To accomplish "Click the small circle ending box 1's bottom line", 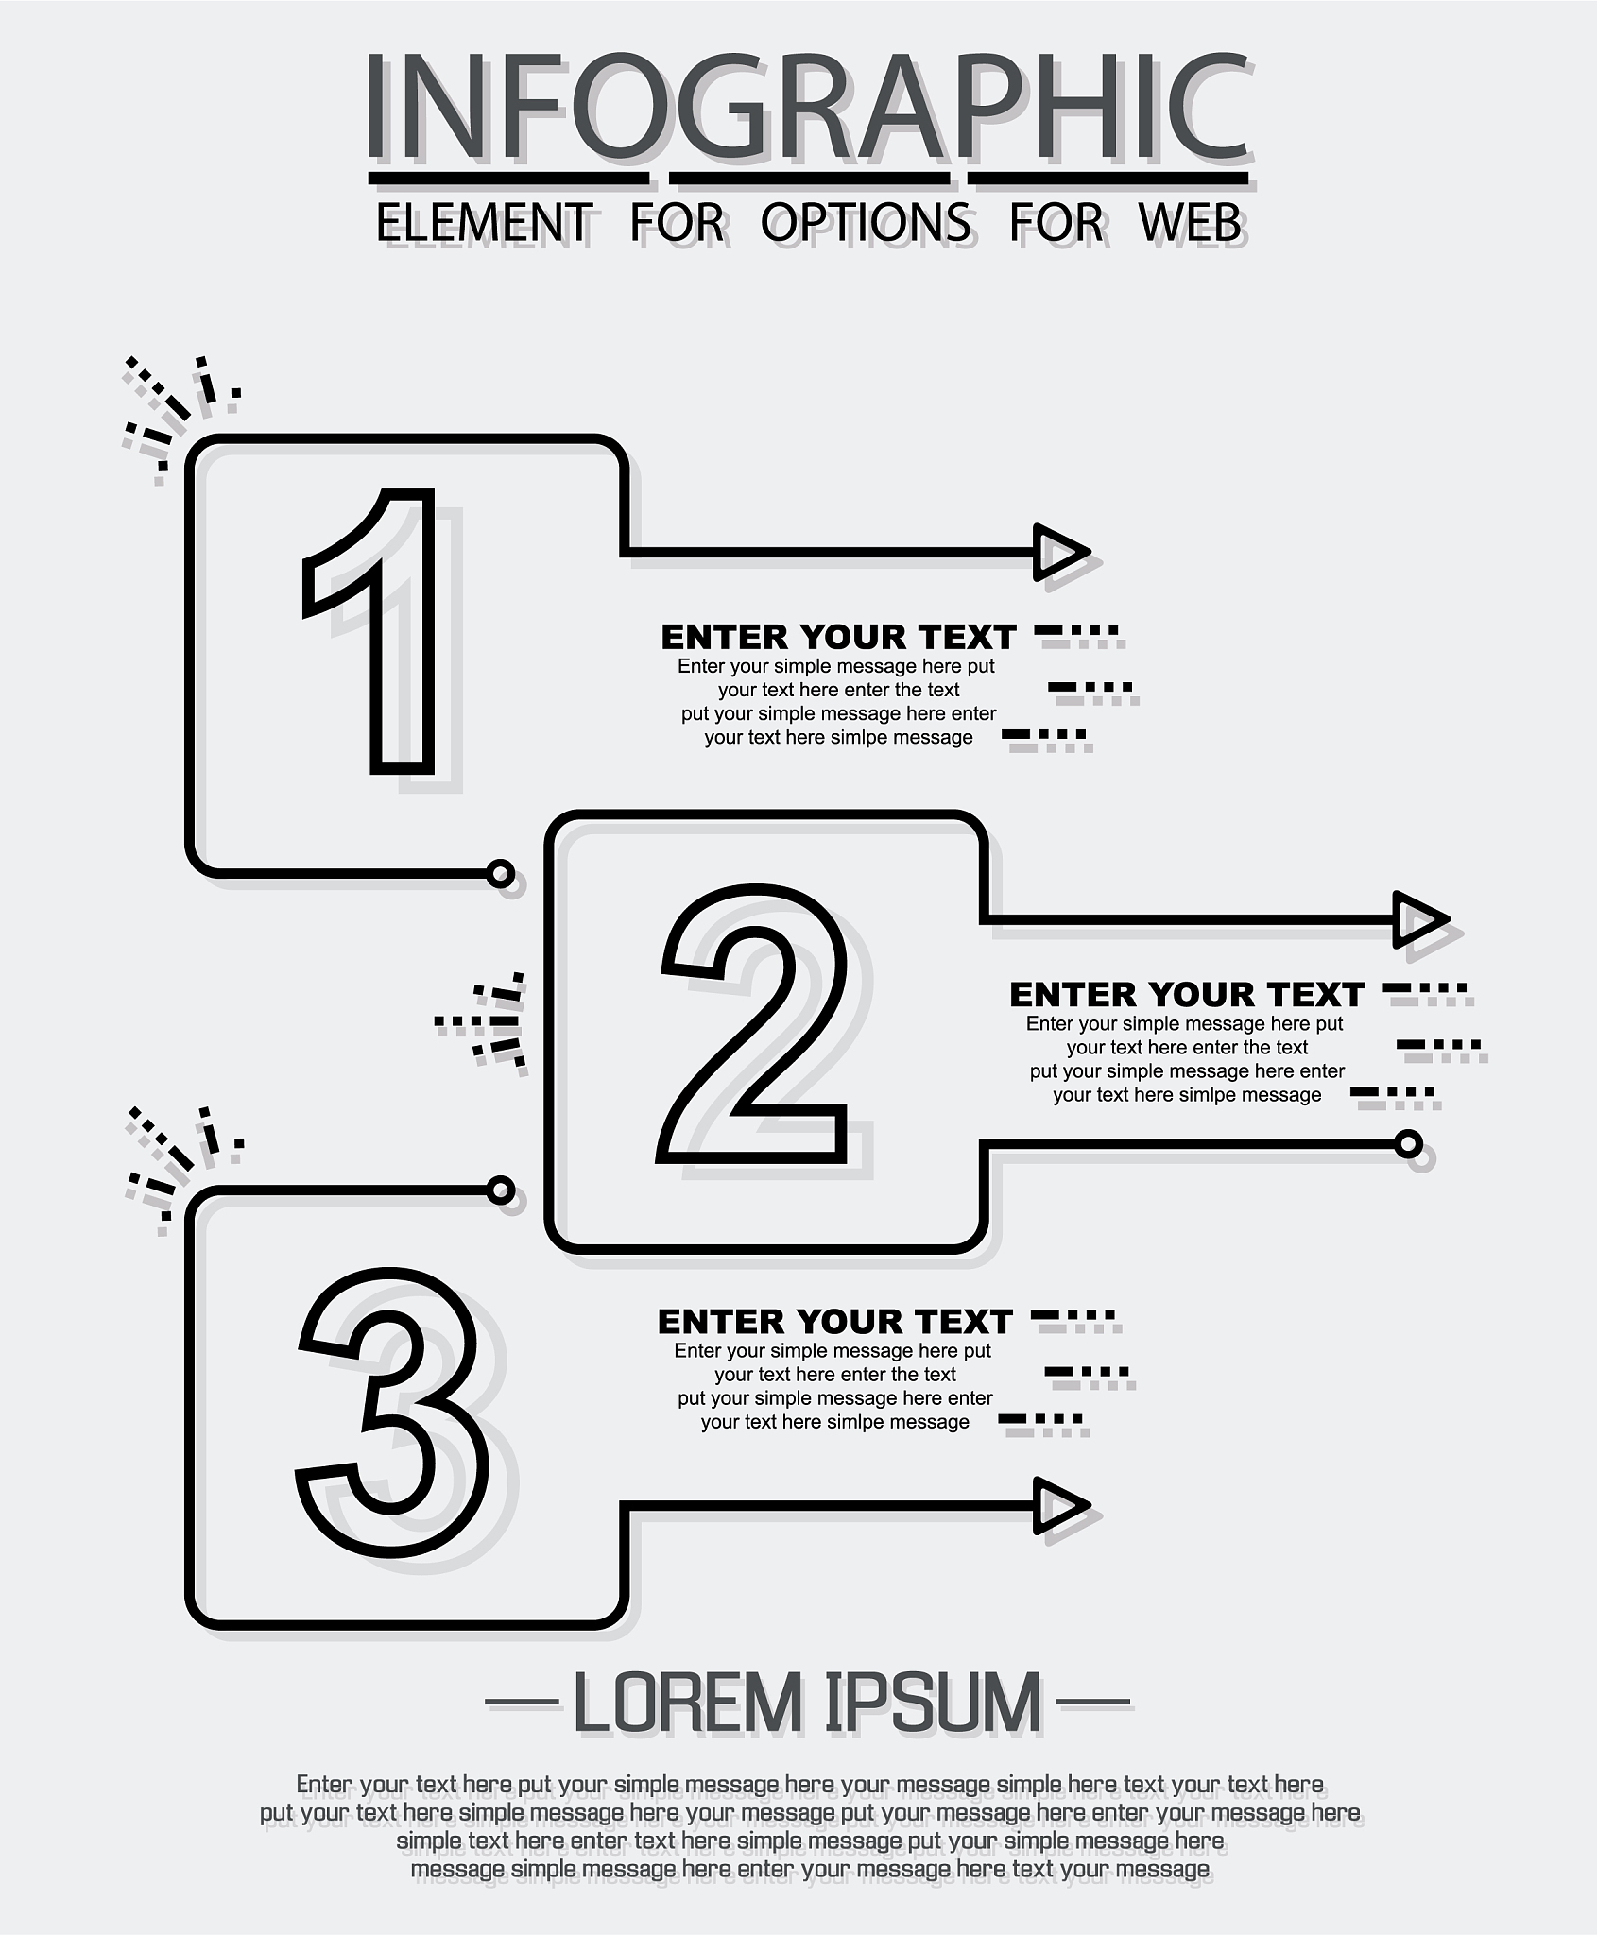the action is point(501,873).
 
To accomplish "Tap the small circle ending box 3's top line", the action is point(501,1190).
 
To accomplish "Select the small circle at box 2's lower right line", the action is point(1409,1145).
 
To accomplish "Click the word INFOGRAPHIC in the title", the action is point(808,106).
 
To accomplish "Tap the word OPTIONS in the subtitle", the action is point(866,223).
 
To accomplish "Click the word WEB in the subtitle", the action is point(1190,223).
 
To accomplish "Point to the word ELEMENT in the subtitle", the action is point(485,223).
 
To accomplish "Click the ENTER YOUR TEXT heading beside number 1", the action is point(838,638).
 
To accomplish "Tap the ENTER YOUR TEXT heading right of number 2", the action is point(1187,995).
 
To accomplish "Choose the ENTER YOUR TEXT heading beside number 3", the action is point(834,1322).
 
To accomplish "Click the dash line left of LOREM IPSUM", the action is point(523,1703).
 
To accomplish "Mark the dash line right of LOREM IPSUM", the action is point(1093,1703).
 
